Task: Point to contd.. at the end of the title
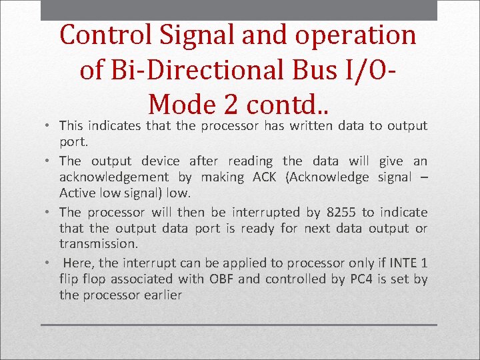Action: point(287,103)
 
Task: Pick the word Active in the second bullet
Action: point(77,193)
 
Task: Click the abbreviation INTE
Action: point(400,263)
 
